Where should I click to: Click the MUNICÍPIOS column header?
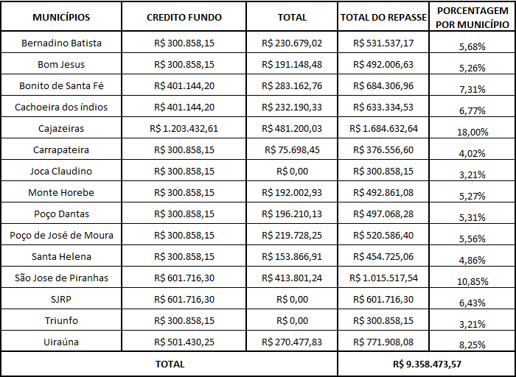coord(61,16)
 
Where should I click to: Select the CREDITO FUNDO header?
coord(184,16)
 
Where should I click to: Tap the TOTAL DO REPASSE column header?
coord(384,16)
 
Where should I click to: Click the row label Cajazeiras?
coord(61,128)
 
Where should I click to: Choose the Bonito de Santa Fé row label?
coord(61,85)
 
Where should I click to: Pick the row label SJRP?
coord(61,300)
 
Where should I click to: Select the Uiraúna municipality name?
coord(61,342)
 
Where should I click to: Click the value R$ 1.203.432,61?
coord(184,128)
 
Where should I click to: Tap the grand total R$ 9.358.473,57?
coord(427,364)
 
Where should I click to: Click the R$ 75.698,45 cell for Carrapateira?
coord(292,149)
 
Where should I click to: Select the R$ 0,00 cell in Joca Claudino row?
coord(292,171)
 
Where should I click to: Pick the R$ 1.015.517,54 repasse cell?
coord(384,278)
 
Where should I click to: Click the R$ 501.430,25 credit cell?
coord(184,342)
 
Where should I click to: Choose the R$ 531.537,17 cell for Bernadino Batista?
coord(384,43)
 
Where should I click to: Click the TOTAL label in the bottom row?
coord(170,364)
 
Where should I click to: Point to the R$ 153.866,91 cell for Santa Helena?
coord(292,257)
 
